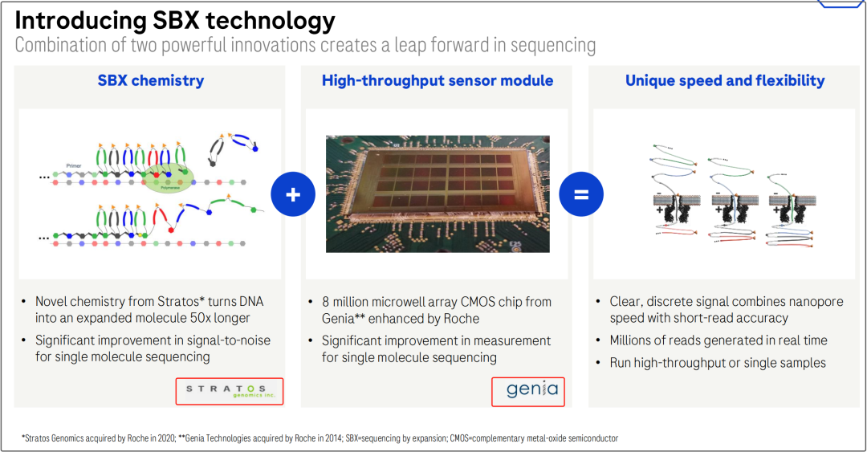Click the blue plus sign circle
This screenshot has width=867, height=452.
293,194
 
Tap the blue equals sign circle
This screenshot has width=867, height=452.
581,194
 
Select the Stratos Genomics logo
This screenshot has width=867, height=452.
230,391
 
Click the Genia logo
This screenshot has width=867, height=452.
528,392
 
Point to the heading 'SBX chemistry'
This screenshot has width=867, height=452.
151,81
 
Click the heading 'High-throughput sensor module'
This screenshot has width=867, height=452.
438,81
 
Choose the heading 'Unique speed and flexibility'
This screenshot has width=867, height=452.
725,81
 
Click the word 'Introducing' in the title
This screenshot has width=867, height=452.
80,21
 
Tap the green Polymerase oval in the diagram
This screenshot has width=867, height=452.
169,177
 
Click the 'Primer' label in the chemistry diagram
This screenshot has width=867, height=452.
74,165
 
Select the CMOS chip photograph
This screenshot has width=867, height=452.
438,193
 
